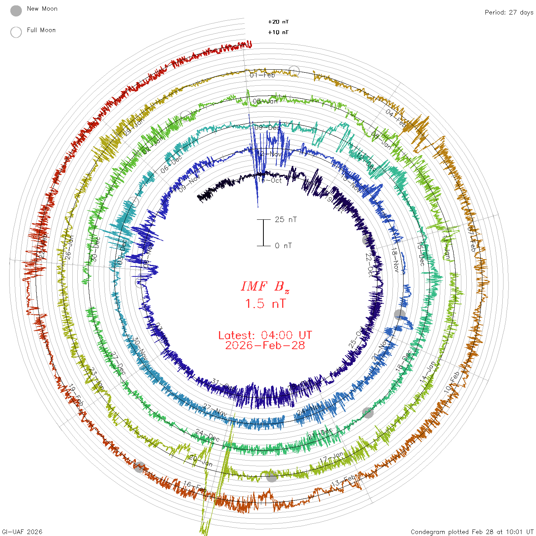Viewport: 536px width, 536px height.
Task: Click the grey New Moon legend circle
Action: tap(16, 11)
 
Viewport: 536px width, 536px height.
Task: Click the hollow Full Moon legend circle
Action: tap(16, 32)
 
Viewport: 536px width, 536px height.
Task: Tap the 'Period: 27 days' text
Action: tap(509, 12)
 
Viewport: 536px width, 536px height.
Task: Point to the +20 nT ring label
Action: tap(278, 22)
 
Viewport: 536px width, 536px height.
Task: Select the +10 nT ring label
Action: tap(278, 32)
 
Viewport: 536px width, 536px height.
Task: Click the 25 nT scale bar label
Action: tap(286, 219)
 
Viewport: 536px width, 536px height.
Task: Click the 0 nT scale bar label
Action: tap(283, 245)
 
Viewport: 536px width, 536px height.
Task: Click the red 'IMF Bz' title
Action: tap(265, 286)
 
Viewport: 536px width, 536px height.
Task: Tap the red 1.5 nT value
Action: tap(265, 304)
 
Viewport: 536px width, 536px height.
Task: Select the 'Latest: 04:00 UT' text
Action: tap(265, 335)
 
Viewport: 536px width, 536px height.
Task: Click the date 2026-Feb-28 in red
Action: tap(265, 345)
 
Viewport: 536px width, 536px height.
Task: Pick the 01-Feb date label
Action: tap(262, 75)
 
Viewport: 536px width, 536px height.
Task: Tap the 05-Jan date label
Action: tap(265, 101)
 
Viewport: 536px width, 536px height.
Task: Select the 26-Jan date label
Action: tap(69, 247)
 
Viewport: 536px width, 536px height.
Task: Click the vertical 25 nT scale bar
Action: tap(263, 232)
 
